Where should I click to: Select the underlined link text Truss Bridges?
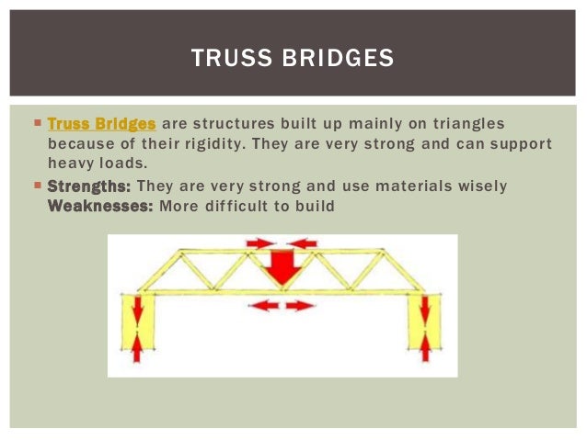[101, 123]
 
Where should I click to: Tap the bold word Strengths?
[88, 186]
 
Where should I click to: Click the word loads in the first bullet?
[126, 165]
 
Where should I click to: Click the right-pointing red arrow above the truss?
[260, 243]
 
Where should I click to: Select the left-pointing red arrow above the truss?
[303, 243]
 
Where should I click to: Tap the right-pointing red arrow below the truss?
[300, 306]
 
